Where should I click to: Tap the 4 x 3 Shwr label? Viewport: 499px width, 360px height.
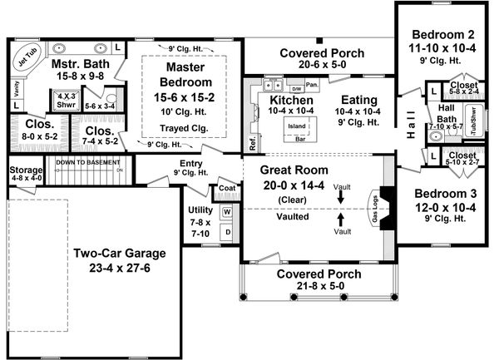(x=65, y=101)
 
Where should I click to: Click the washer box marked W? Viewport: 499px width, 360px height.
(x=226, y=212)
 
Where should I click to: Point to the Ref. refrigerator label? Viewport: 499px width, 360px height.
(x=253, y=143)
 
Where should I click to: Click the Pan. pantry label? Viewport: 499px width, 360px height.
(x=313, y=84)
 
